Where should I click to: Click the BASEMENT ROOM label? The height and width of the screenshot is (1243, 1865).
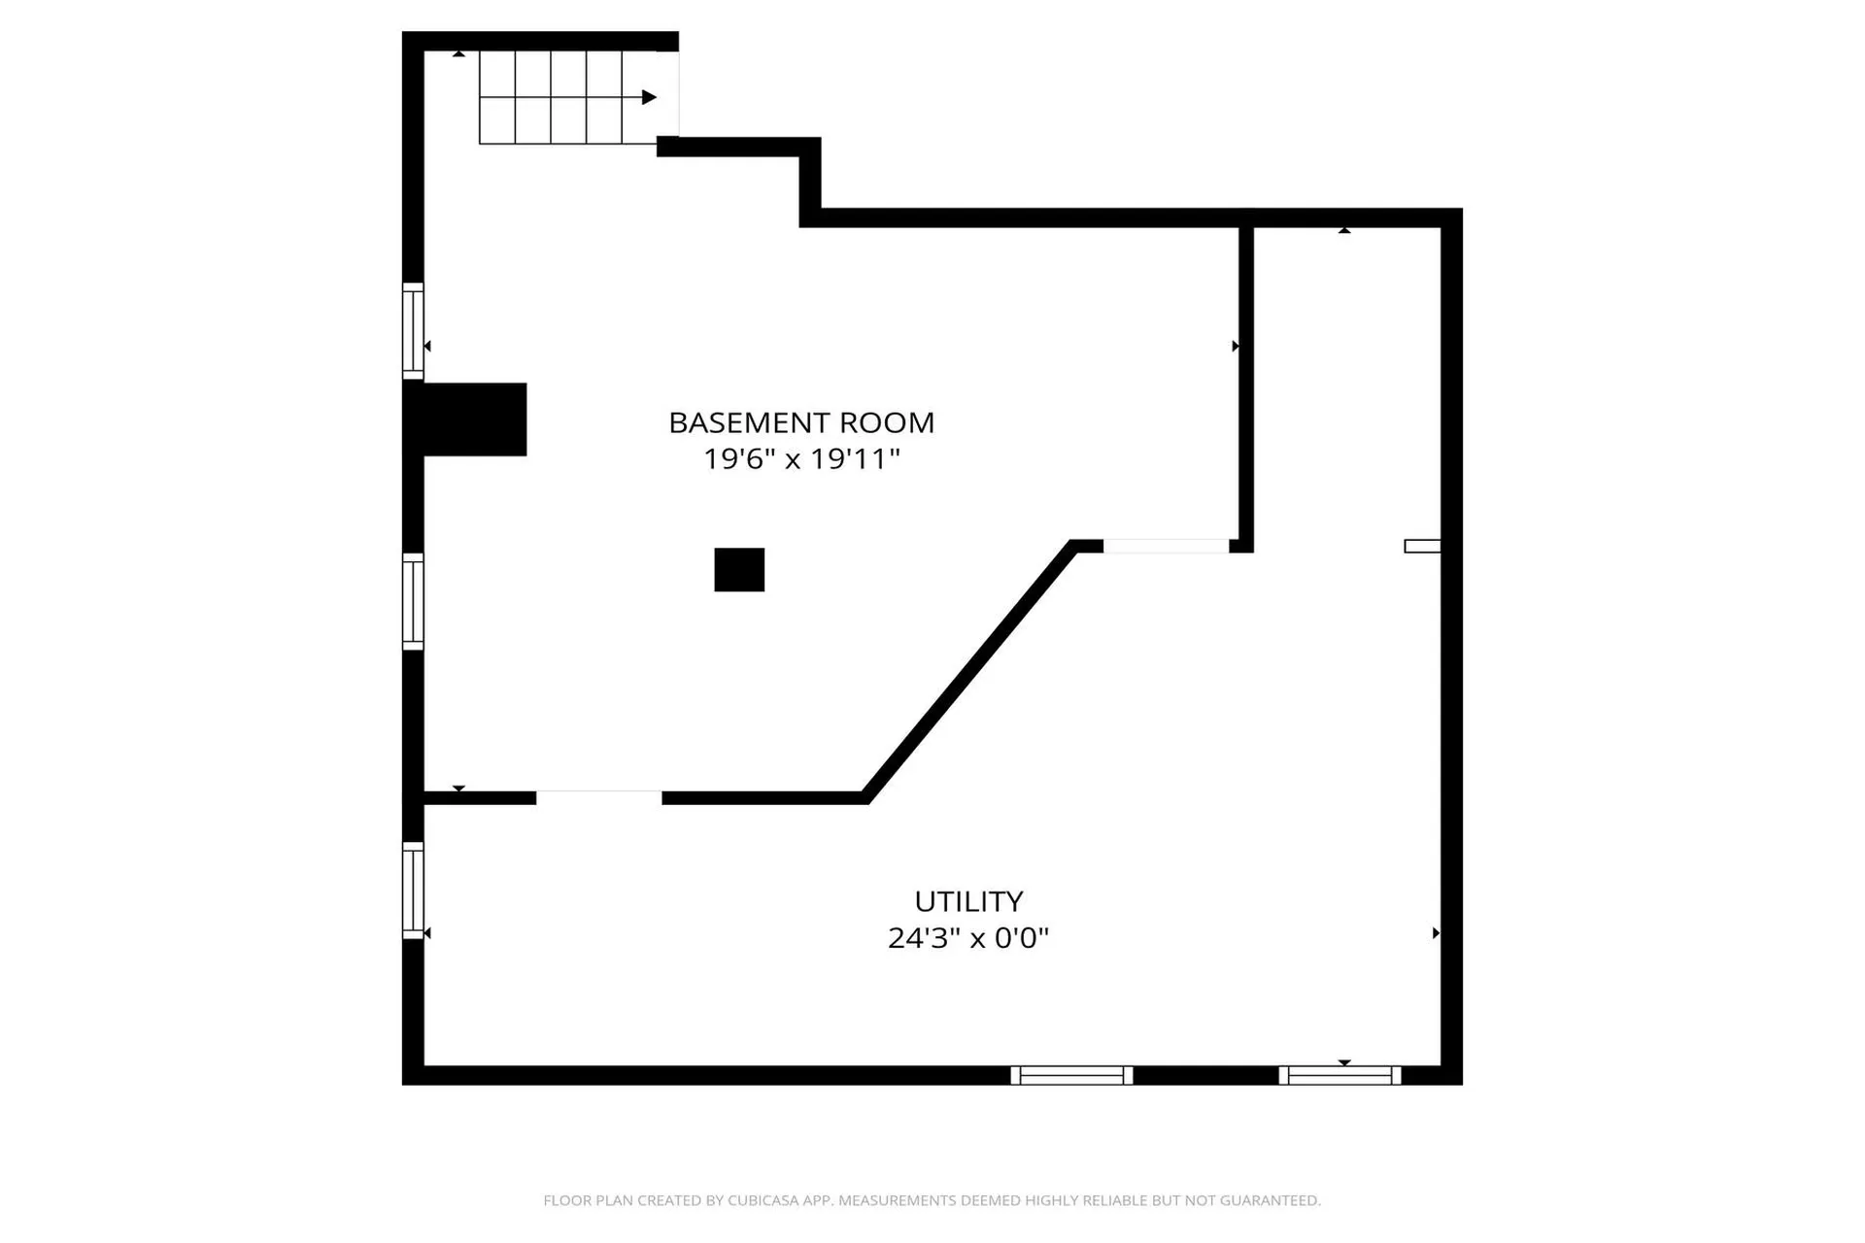click(x=801, y=422)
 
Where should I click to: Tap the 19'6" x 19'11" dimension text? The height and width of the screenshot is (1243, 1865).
click(x=801, y=458)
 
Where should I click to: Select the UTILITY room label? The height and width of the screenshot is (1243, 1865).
click(x=968, y=901)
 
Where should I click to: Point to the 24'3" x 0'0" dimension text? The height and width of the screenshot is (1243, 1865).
click(x=968, y=938)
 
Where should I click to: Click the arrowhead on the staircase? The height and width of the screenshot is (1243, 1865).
click(x=649, y=97)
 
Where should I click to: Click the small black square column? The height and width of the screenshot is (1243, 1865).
click(x=739, y=570)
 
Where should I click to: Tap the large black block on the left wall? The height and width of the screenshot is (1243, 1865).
click(x=466, y=420)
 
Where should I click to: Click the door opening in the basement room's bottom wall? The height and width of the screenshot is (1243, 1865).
click(x=598, y=797)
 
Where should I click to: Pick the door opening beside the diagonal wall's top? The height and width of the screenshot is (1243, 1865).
click(x=1166, y=547)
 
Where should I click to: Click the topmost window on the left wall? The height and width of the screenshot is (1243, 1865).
click(x=413, y=330)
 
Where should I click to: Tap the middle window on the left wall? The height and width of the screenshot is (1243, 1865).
click(x=413, y=601)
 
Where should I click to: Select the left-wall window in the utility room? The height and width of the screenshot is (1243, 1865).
click(x=413, y=890)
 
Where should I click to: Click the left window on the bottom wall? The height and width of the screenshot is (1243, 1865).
click(x=1071, y=1075)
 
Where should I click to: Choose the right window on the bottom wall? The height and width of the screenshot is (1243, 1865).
click(x=1339, y=1075)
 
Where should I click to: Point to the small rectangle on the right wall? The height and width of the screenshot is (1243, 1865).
click(x=1422, y=547)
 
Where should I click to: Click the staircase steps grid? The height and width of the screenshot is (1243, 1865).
click(x=551, y=97)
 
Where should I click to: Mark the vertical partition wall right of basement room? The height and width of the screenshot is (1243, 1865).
click(x=1246, y=388)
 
